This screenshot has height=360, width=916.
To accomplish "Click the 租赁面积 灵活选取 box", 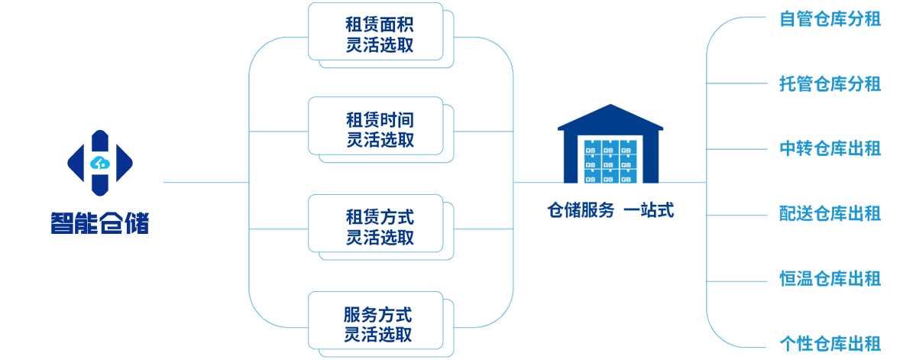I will click(376, 31).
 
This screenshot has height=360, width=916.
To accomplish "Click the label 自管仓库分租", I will click(830, 19).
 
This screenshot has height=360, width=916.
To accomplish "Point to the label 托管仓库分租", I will click(830, 83).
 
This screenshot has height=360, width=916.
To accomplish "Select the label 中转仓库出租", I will click(830, 148).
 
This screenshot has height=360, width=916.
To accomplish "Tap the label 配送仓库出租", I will click(830, 213).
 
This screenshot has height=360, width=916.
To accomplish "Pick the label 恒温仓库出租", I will click(830, 278).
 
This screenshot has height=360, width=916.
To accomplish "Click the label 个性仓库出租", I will click(830, 342).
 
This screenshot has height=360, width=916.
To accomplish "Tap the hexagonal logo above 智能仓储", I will click(99, 162).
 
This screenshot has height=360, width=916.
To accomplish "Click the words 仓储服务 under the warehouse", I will click(581, 210).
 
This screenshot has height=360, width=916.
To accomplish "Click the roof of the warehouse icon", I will click(610, 118).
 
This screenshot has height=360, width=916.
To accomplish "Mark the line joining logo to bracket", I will click(206, 183).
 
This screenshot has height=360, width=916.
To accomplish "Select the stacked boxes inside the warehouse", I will click(610, 161).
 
